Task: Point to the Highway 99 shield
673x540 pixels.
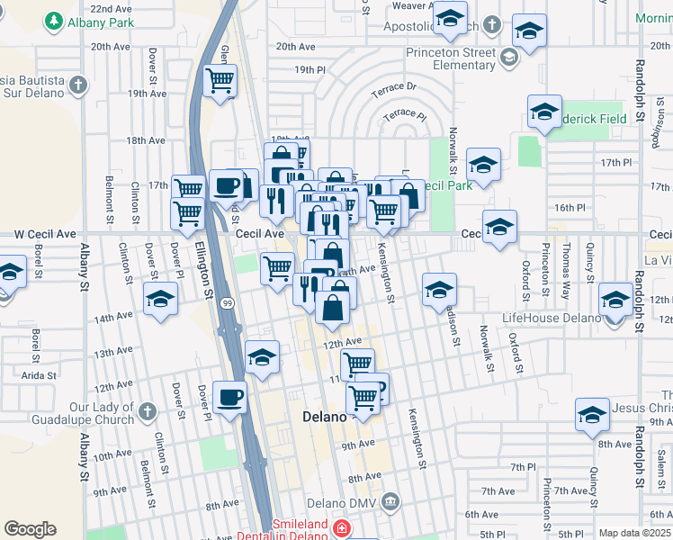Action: pos(229,304)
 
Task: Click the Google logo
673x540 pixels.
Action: pos(30,529)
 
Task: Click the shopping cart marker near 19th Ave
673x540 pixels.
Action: pos(220,81)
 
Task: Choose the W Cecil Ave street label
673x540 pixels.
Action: pos(43,233)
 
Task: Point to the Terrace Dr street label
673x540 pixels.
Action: pos(399,87)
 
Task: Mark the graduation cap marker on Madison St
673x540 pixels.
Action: pos(439,290)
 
